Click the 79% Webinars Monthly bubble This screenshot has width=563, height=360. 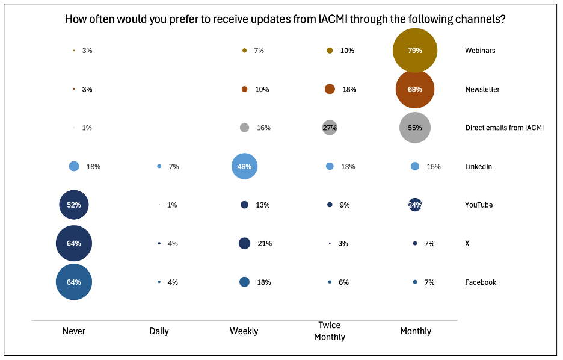coord(414,51)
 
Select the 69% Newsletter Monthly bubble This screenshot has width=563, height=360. coord(414,89)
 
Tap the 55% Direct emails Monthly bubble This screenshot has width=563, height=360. coord(414,128)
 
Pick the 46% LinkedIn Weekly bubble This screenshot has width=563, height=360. coord(245,166)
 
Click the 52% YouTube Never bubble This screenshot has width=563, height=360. coord(74,205)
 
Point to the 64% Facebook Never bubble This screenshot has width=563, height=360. coord(74,282)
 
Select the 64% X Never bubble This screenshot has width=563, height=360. coord(74,243)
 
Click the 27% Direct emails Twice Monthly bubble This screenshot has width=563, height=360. coord(330,128)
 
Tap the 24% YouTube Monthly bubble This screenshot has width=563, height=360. coord(415,205)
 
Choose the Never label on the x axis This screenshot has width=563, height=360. coord(74,331)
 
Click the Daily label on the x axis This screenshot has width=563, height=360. coord(159,331)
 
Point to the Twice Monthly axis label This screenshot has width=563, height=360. coord(330,331)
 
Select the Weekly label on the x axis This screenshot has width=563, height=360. coord(244,331)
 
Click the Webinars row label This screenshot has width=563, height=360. coord(480,51)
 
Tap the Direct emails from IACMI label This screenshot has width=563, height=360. coord(504,128)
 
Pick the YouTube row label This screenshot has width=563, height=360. coord(479,205)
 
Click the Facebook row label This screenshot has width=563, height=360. coord(481,282)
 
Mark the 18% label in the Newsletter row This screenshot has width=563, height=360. coord(349,89)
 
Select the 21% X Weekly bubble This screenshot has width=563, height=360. coord(244,243)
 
